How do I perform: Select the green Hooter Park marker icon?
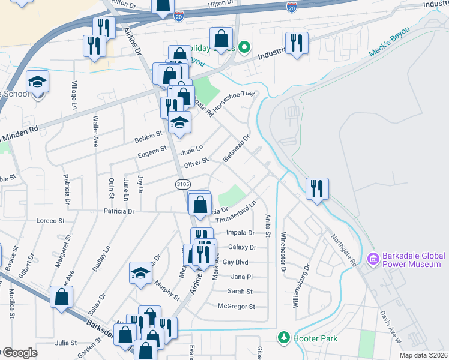(x=284, y=338)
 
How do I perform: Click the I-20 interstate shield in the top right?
(x=292, y=8)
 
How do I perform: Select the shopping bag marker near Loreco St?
(x=62, y=297)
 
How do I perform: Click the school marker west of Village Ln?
(x=37, y=82)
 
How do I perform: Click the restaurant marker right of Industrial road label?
(x=297, y=43)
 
